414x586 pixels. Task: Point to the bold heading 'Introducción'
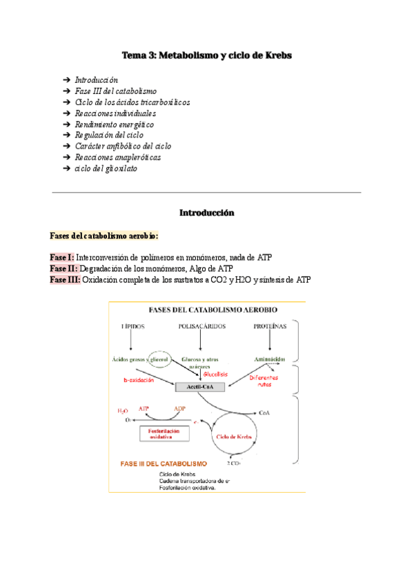pos(206,214)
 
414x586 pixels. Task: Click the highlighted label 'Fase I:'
pos(62,257)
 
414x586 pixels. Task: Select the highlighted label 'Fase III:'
pos(65,279)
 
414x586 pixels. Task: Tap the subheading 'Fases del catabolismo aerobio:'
pos(104,236)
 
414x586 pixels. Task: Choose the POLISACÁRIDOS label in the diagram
pos(201,325)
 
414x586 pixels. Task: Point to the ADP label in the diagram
pos(179,408)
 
